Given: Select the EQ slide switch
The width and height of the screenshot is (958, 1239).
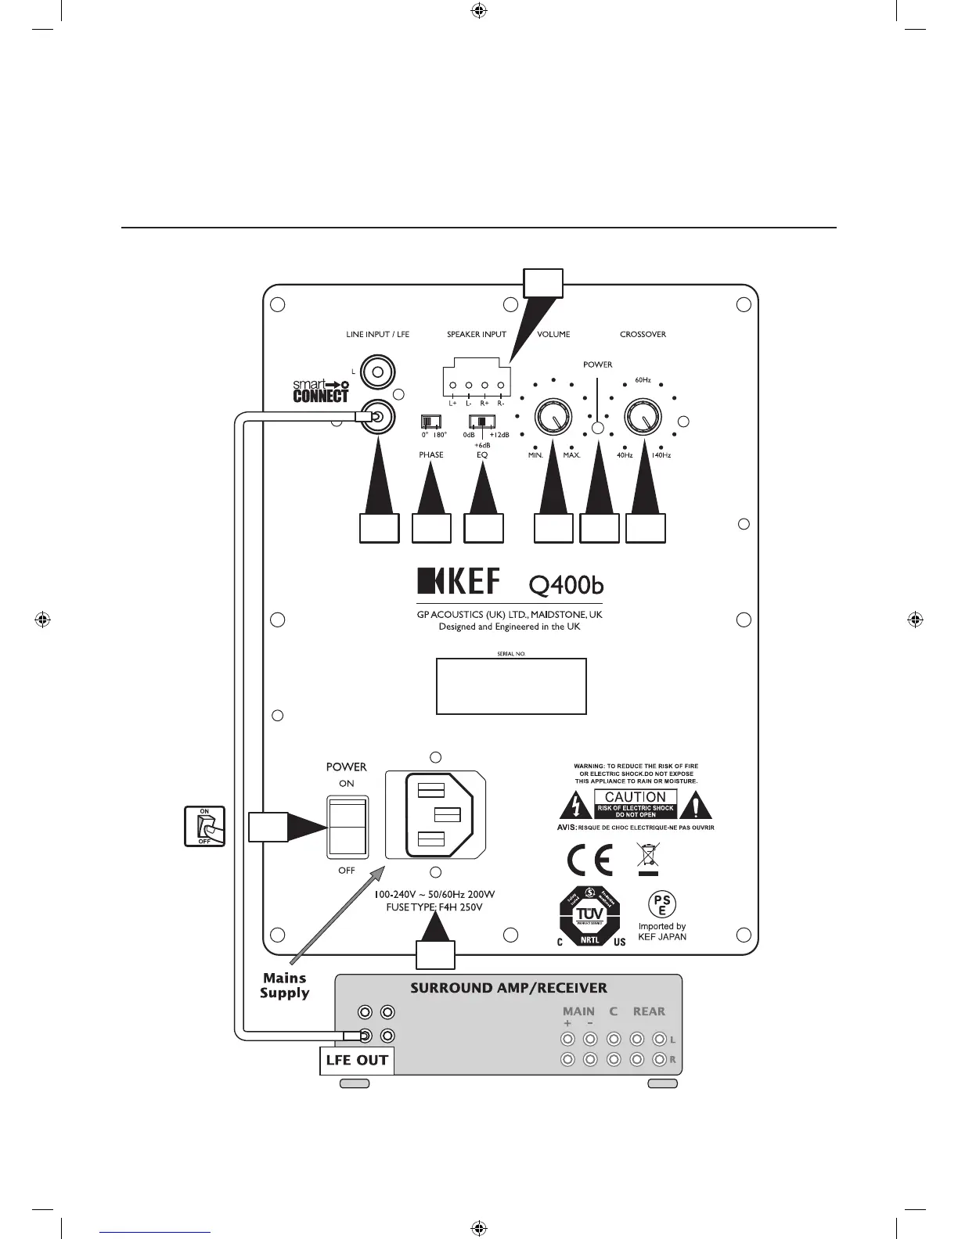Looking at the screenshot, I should click(481, 421).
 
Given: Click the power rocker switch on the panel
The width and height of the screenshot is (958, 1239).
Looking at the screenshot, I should click(346, 826).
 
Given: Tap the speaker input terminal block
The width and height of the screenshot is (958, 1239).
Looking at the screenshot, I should click(476, 382).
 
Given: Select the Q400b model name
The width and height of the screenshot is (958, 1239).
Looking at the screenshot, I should click(566, 584).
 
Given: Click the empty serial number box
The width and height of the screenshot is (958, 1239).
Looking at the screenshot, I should click(511, 686).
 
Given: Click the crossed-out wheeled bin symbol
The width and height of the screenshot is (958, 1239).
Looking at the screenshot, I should click(648, 858).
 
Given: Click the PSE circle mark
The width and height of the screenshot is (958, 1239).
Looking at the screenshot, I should click(661, 905).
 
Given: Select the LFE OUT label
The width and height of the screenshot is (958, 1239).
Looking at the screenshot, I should click(356, 1061).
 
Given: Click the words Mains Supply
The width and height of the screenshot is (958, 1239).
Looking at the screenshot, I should click(285, 986).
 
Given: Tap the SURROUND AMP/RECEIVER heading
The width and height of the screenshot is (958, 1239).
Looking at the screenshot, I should click(509, 988).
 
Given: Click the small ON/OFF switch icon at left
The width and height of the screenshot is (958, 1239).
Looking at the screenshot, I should click(205, 826).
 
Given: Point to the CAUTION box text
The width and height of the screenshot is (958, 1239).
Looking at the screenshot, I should click(636, 797).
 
